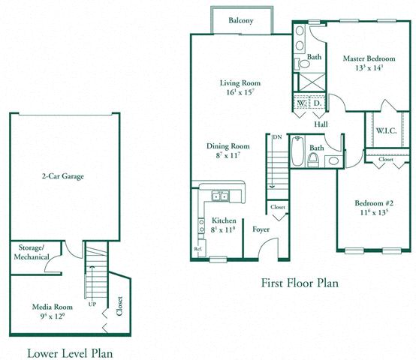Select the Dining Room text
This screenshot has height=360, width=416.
pyautogui.click(x=228, y=146)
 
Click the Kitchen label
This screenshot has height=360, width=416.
pyautogui.click(x=224, y=221)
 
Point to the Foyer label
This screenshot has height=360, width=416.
pyautogui.click(x=261, y=230)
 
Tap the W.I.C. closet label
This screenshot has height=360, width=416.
pyautogui.click(x=386, y=130)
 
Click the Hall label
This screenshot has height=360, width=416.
pyautogui.click(x=321, y=124)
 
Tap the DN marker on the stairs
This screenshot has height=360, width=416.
pyautogui.click(x=277, y=137)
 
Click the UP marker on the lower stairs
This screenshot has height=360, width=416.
pyautogui.click(x=92, y=305)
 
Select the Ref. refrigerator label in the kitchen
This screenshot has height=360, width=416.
pyautogui.click(x=198, y=248)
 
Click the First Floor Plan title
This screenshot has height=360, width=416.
pyautogui.click(x=300, y=283)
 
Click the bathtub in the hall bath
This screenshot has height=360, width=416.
pyautogui.click(x=297, y=152)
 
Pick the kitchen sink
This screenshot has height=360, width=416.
pyautogui.click(x=220, y=196)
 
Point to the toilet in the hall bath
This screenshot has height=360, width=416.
pyautogui.click(x=315, y=160)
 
